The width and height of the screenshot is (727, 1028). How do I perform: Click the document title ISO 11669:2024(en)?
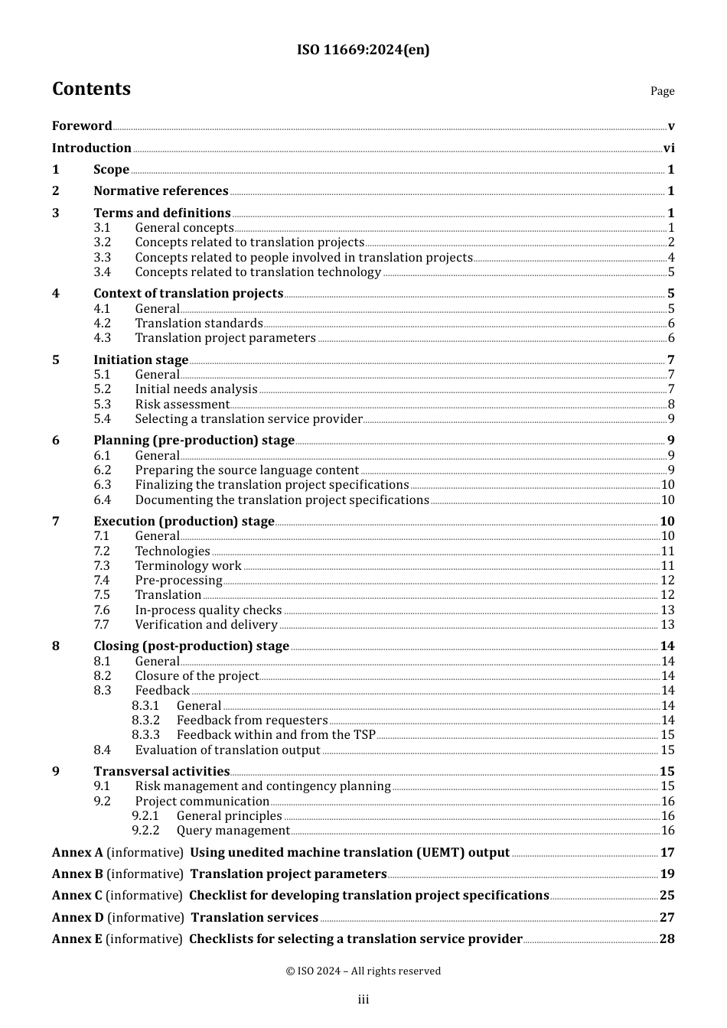[x=363, y=50]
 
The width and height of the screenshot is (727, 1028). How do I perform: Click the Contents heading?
[x=91, y=89]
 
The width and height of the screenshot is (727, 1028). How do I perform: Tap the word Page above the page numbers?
[x=662, y=91]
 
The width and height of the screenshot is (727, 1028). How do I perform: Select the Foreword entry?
[x=82, y=125]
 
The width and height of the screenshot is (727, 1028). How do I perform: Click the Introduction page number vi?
[x=669, y=148]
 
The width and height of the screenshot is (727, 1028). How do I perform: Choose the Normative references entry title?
[x=161, y=190]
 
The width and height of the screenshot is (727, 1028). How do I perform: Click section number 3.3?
[x=102, y=257]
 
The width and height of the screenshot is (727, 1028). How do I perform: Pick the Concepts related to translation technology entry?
[x=258, y=272]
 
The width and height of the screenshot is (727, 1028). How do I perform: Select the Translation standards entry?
[x=199, y=323]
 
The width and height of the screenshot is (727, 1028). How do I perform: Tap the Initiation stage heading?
[x=141, y=359]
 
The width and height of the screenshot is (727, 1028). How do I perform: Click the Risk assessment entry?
[x=182, y=404]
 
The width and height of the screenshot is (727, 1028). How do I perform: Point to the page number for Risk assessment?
[x=671, y=404]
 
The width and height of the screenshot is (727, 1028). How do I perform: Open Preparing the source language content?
[x=246, y=470]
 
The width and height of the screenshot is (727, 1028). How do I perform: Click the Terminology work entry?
[x=188, y=565]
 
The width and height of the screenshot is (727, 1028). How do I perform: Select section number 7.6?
[x=102, y=610]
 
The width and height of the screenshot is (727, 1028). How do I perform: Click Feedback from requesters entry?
[x=252, y=720]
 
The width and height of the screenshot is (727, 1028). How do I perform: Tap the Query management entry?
[x=233, y=830]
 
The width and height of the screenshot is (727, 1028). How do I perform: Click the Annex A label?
[x=77, y=852]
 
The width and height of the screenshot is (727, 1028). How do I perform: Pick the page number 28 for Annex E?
[x=667, y=939]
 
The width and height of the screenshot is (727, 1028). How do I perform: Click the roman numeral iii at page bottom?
[x=363, y=999]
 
